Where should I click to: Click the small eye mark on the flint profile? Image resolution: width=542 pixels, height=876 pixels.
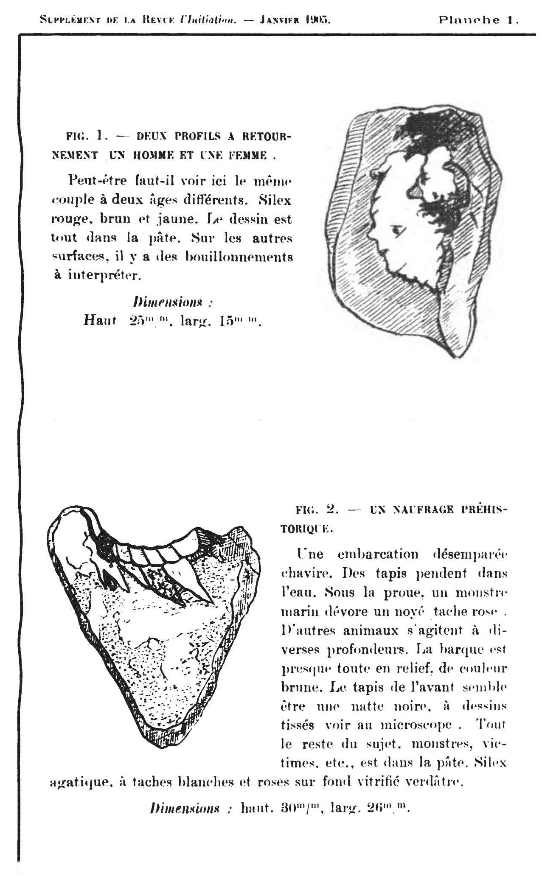(397, 230)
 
